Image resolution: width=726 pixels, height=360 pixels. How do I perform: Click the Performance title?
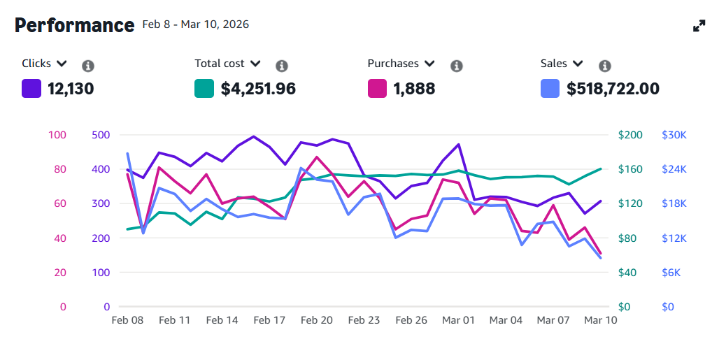tap(74, 25)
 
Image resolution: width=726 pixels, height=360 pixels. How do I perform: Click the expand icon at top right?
tap(699, 26)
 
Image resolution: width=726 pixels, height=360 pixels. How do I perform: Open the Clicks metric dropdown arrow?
tap(62, 64)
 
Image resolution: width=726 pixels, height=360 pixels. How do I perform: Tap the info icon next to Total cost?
tap(282, 66)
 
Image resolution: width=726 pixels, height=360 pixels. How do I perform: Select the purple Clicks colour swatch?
tap(31, 89)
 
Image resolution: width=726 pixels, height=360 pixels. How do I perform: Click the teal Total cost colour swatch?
tap(204, 89)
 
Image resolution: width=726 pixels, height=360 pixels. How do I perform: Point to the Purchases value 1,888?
tap(414, 89)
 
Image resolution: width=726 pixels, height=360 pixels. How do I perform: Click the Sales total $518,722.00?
tap(613, 89)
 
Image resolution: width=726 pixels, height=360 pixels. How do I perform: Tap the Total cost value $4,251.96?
tap(258, 89)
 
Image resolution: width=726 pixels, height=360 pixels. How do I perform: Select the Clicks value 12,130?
tap(71, 89)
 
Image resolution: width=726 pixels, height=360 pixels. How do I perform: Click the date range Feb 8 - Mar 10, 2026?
tap(196, 24)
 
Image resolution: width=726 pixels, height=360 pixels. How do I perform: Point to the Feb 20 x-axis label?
tap(317, 320)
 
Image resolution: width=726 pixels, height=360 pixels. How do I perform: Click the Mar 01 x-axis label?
tap(459, 320)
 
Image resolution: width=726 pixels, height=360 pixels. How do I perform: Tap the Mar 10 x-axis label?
tap(601, 320)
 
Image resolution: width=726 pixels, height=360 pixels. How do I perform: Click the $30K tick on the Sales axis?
tap(674, 135)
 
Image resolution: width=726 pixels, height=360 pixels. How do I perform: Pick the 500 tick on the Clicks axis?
tap(101, 135)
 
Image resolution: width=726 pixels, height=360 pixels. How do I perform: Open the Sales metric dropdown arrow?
tap(578, 64)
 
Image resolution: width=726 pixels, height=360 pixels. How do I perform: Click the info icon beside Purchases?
tap(457, 66)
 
